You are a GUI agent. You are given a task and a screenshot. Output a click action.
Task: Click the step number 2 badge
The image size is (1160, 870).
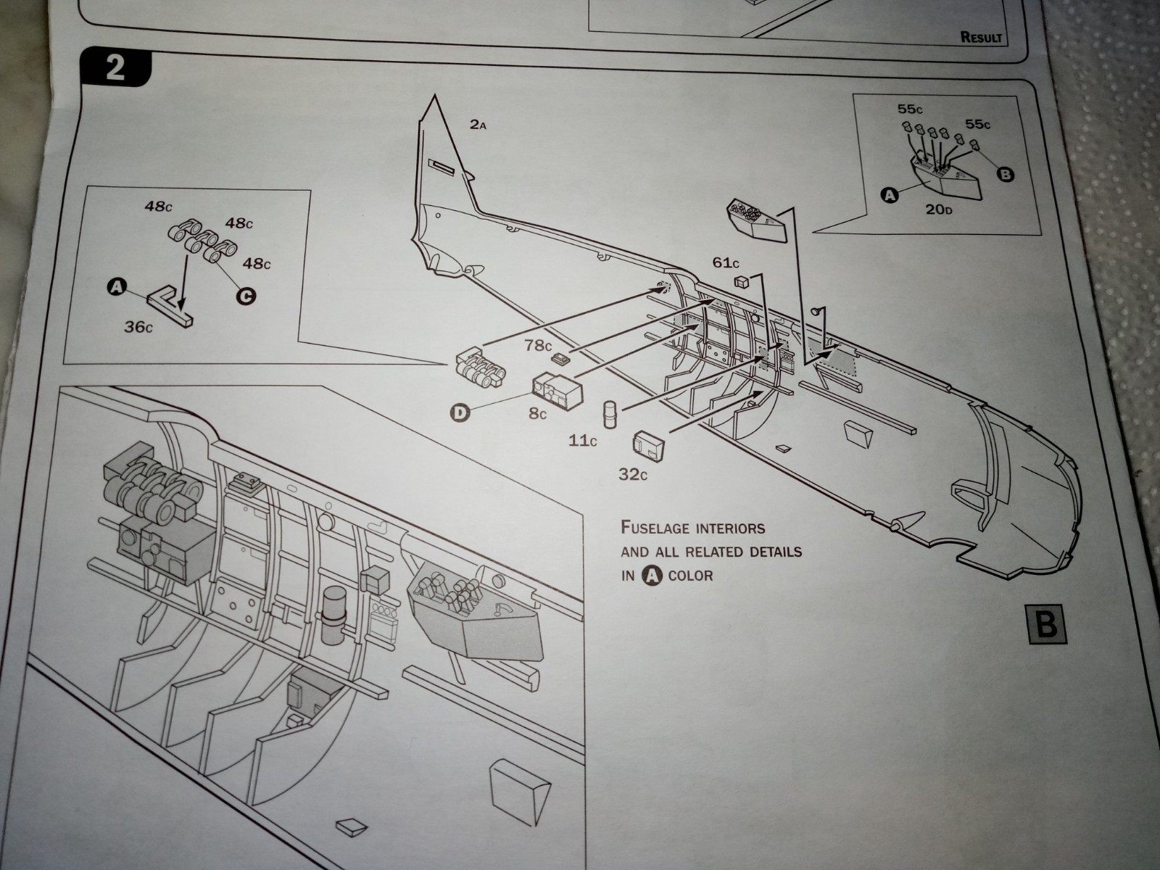click(x=115, y=68)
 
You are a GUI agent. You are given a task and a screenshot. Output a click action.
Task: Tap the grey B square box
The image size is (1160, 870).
click(x=1046, y=625)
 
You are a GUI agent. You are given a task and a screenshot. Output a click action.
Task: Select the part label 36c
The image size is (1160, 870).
click(x=138, y=327)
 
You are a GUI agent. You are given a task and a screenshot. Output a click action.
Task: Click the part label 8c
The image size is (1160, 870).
click(x=536, y=414)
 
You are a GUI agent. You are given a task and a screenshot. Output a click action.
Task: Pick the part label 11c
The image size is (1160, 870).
click(x=583, y=440)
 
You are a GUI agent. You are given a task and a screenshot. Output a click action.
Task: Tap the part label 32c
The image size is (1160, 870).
click(x=633, y=474)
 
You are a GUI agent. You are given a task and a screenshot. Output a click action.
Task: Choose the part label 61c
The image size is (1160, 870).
click(x=725, y=262)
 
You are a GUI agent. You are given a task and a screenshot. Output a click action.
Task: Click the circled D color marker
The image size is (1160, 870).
click(x=460, y=413)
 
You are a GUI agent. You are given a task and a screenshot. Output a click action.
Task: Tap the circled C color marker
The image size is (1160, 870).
click(x=246, y=296)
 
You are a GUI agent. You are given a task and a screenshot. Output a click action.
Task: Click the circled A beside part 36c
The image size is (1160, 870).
click(x=115, y=288)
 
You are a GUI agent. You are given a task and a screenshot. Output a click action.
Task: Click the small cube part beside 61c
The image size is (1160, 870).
click(x=741, y=281)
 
